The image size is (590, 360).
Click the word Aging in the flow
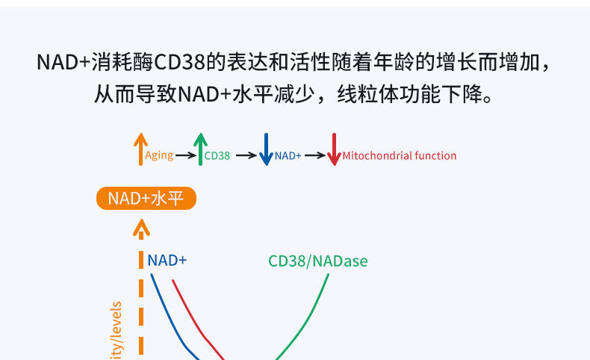point(159,155)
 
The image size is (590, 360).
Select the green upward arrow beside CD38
point(199,149)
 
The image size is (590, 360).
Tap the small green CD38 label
point(217,156)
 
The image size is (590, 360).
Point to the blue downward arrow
point(265,150)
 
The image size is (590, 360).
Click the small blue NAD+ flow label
point(288,156)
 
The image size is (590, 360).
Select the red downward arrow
point(334,150)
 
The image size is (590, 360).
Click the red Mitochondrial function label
point(400,156)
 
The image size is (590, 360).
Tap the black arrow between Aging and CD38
point(185,156)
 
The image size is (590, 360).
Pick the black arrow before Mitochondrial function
point(315,156)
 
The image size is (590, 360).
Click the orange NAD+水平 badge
point(146,198)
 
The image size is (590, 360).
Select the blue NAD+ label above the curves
point(167,260)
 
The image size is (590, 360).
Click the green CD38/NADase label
point(317,261)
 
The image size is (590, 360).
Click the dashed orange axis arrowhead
point(141,229)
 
